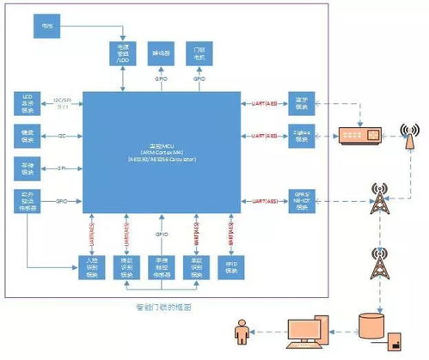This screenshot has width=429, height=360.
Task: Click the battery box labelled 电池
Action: tap(47, 27)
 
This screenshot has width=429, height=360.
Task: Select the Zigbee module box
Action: tap(299, 135)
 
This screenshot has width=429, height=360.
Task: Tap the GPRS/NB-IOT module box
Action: tap(299, 197)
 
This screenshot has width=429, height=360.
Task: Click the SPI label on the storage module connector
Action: tap(61, 168)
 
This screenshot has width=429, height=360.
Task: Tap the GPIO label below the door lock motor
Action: tap(198, 78)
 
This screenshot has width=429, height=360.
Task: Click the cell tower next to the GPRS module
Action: tap(376, 198)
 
